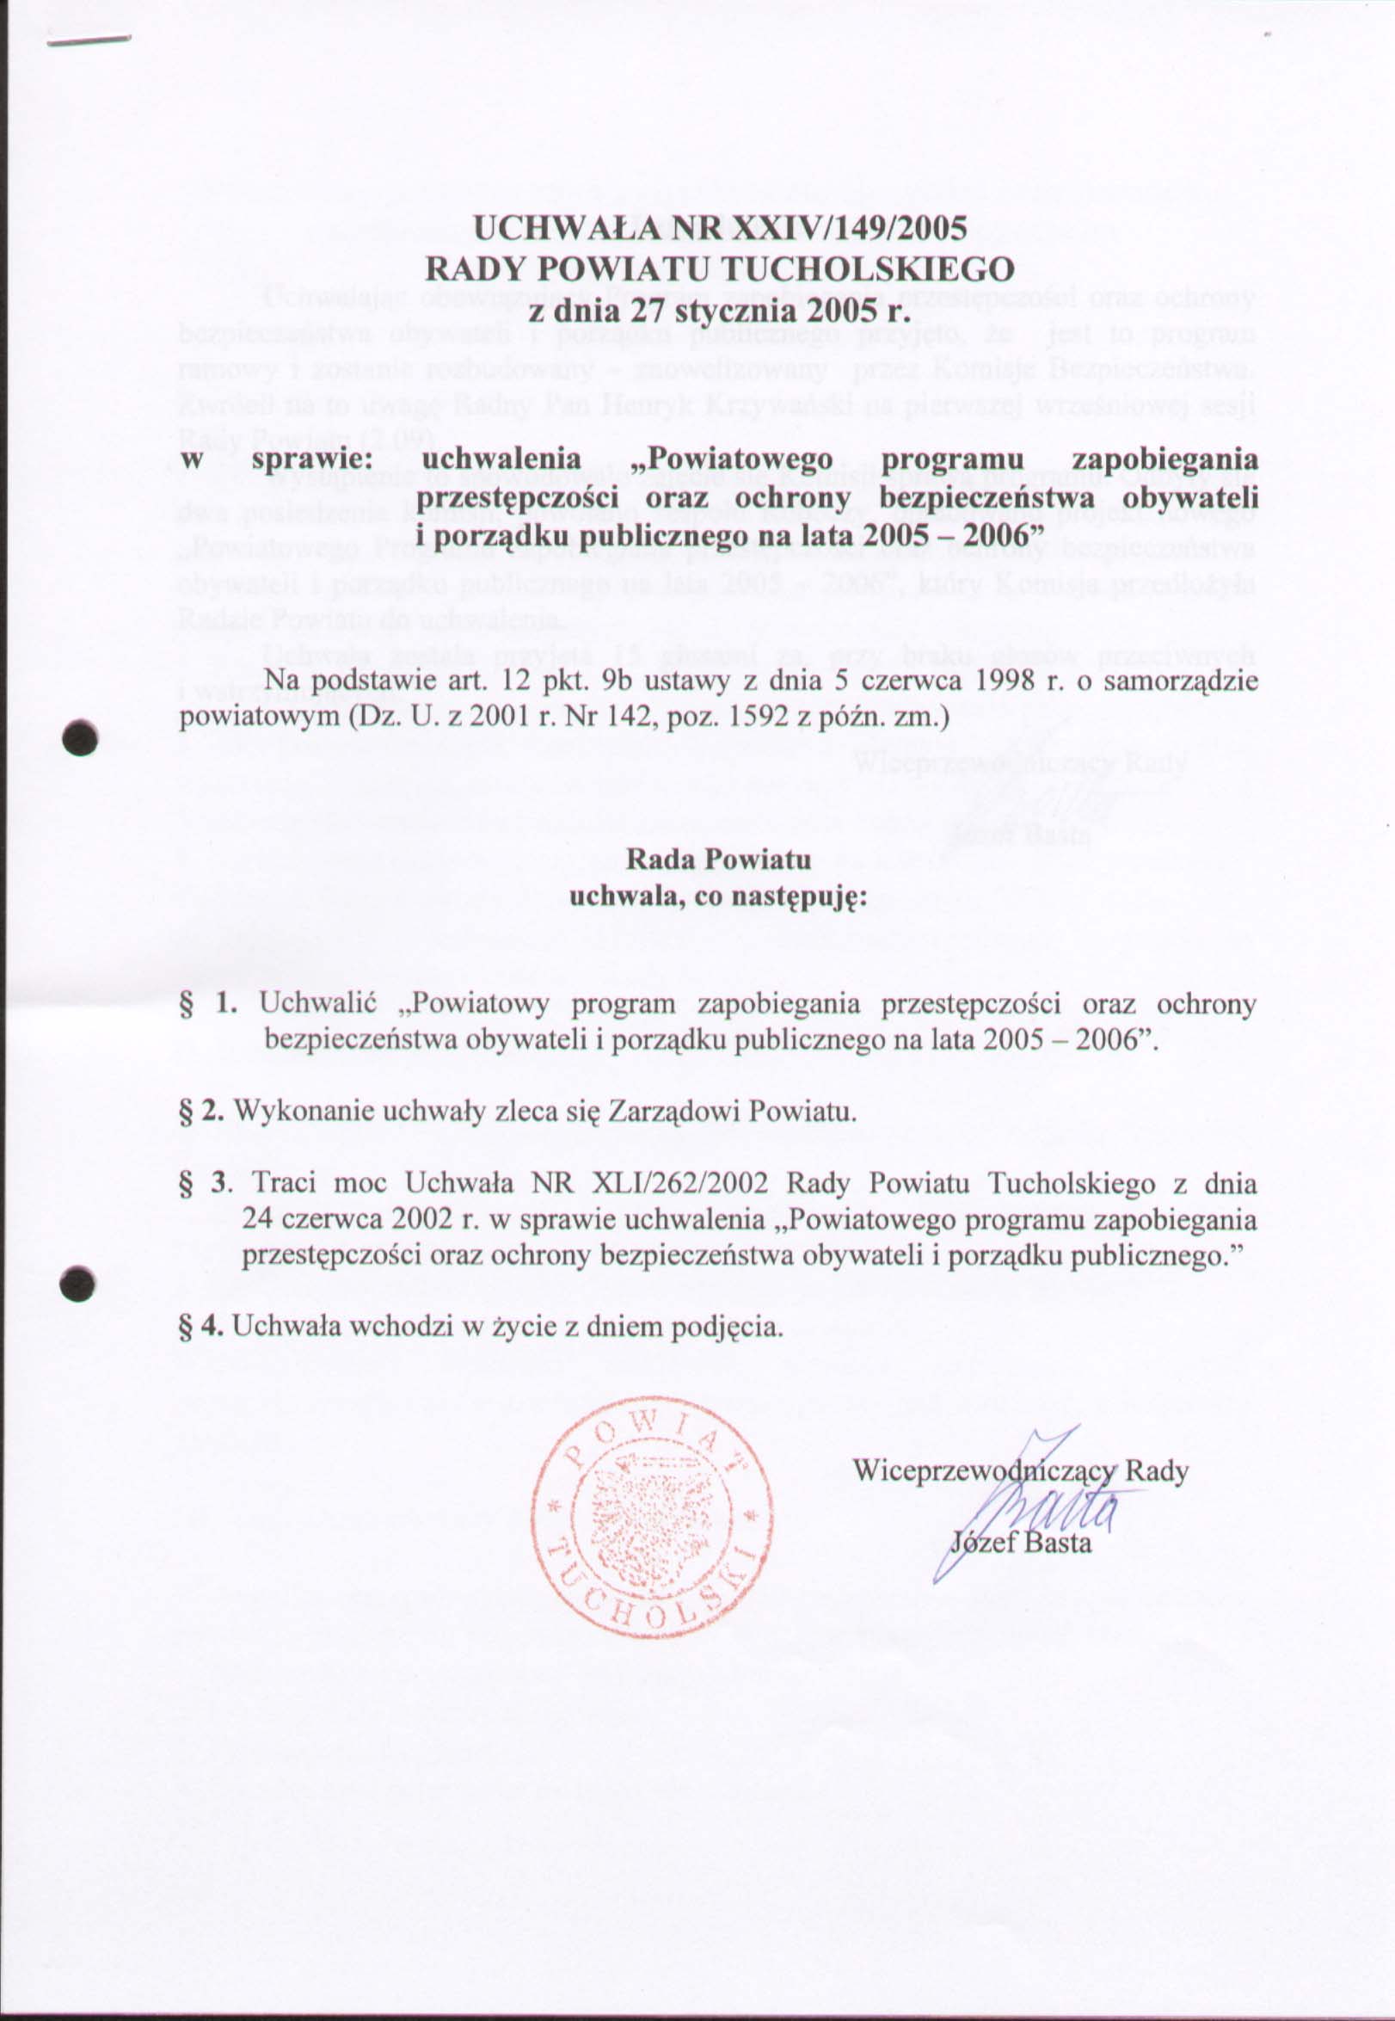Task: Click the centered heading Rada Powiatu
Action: point(718,860)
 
